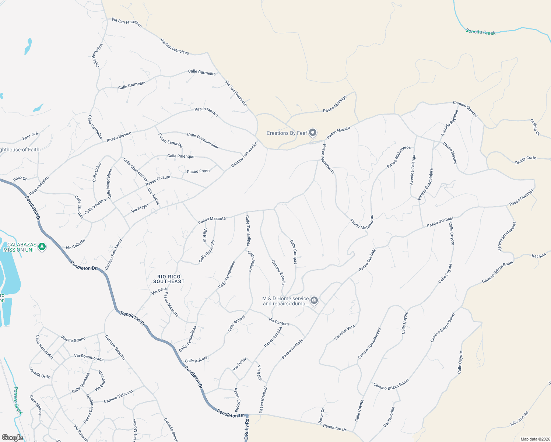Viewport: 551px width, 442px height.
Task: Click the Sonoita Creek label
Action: (480, 32)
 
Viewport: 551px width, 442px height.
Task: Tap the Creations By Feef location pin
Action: (313, 133)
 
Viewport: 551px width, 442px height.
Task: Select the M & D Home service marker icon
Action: (314, 301)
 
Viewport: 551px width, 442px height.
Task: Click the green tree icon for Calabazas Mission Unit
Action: (42, 246)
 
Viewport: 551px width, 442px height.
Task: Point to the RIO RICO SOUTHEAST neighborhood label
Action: (169, 279)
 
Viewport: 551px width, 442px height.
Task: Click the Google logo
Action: (12, 437)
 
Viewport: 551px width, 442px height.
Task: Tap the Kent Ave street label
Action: (30, 136)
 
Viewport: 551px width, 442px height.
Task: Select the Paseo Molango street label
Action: (335, 104)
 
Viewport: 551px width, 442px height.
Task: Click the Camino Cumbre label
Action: (465, 109)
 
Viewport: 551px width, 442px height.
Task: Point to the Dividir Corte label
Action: (526, 159)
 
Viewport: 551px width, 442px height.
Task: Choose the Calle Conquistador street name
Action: (203, 141)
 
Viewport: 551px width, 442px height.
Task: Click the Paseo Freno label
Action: (198, 171)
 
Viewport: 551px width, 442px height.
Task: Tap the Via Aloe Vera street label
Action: (344, 332)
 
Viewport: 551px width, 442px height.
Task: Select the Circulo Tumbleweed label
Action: (369, 343)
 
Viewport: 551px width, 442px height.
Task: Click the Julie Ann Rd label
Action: (519, 419)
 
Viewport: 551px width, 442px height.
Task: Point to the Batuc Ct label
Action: (321, 415)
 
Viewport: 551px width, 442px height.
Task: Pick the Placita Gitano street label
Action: (73, 339)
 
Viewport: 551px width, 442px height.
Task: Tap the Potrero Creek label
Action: (18, 401)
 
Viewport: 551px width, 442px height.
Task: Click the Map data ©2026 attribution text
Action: (535, 439)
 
